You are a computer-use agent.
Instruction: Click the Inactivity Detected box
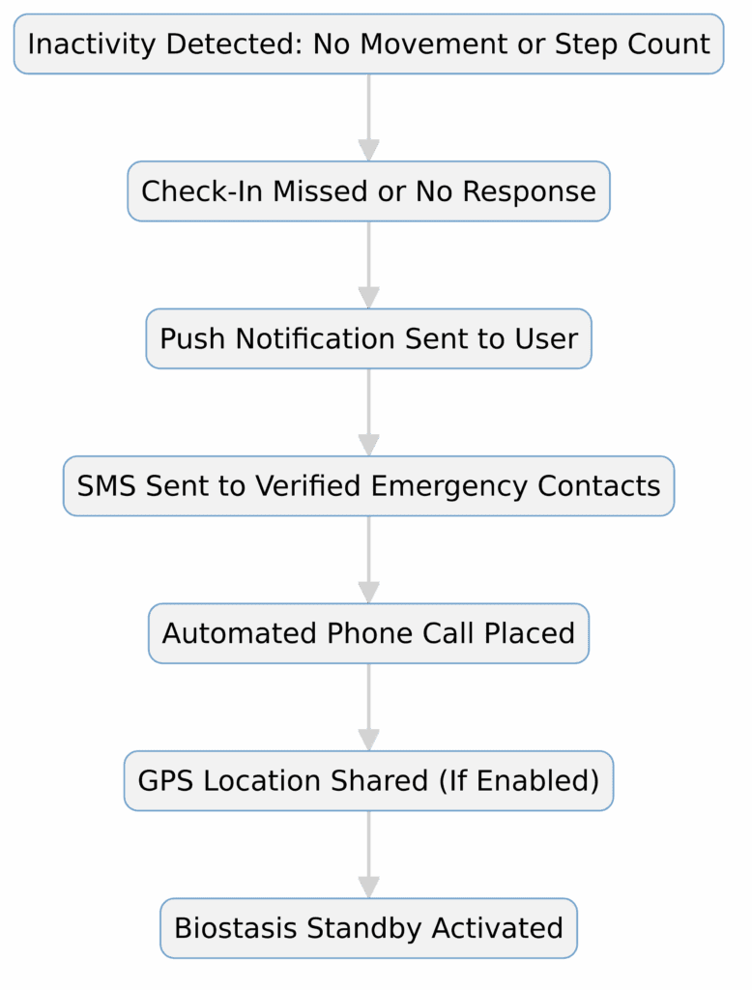point(368,44)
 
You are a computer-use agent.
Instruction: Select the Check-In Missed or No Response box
point(368,191)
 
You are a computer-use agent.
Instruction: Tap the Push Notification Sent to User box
point(368,339)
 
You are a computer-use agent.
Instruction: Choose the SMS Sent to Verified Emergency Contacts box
point(368,486)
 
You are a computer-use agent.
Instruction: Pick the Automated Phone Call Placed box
point(368,634)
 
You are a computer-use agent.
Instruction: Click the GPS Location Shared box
point(368,781)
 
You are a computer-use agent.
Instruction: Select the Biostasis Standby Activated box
point(368,929)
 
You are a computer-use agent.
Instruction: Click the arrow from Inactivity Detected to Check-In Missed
point(368,117)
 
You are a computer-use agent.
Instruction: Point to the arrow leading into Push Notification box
point(368,264)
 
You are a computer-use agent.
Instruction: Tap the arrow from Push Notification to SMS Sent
point(368,412)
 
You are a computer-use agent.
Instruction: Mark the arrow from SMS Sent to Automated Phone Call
point(368,559)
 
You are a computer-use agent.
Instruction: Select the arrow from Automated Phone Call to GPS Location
point(368,707)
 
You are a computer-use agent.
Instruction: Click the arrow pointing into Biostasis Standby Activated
point(368,854)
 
